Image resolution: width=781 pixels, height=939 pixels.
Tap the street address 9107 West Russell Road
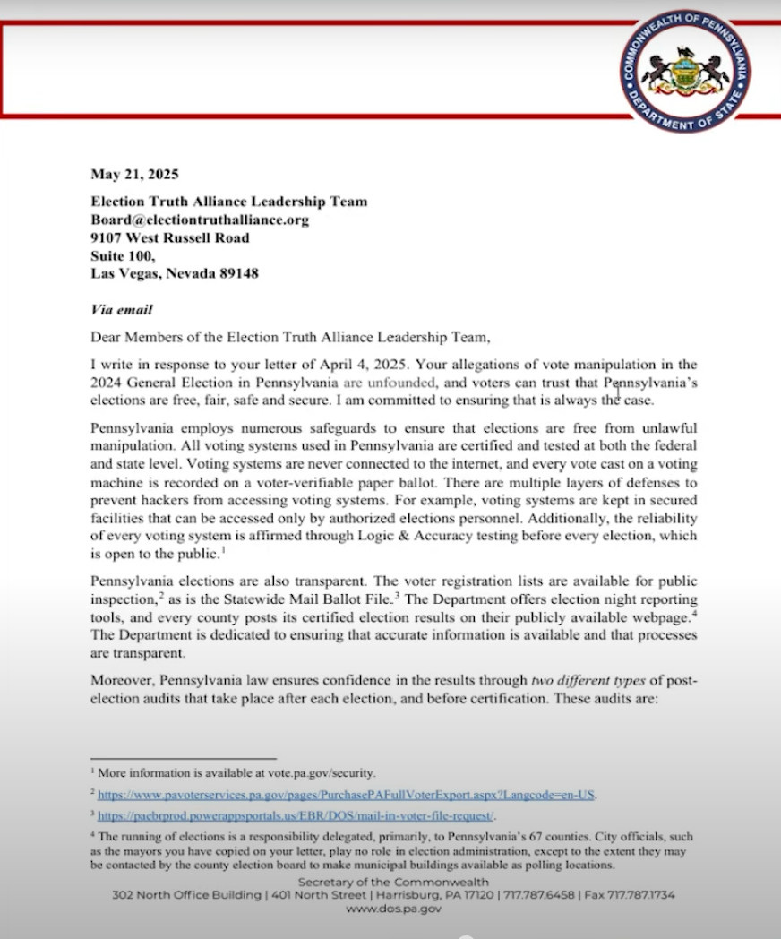pos(170,238)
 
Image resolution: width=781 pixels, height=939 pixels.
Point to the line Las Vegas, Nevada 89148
pos(175,274)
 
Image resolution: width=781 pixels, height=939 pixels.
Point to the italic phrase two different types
pos(590,680)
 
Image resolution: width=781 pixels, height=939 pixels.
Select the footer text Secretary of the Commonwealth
pos(393,883)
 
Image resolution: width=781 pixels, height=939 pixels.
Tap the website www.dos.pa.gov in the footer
pos(393,908)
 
